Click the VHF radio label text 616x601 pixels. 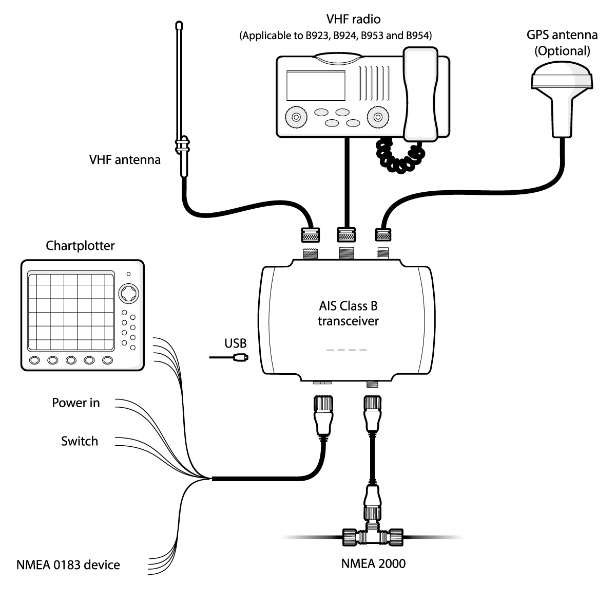353,20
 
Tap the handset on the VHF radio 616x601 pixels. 421,94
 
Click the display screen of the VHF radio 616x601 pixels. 316,85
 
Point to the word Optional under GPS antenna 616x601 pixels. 562,51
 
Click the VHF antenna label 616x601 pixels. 125,160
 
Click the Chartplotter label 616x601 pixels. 80,246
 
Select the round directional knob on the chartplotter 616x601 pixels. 128,294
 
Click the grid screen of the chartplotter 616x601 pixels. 71,312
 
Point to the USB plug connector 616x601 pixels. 241,357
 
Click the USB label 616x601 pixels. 235,343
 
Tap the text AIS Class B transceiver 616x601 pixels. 348,314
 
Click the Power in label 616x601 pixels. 75,403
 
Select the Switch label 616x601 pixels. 80,441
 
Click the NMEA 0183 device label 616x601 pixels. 68,565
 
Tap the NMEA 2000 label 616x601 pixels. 373,563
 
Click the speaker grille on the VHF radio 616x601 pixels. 374,83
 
